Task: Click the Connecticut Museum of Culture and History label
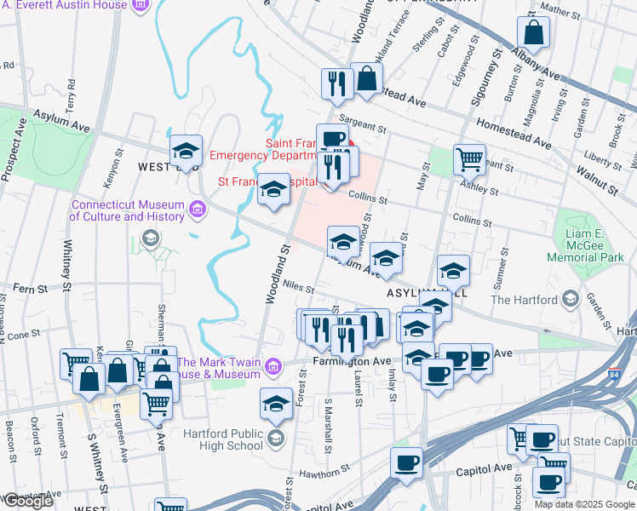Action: [127, 210]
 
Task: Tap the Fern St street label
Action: [29, 290]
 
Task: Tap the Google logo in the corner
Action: [27, 501]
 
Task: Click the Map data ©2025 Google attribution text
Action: [584, 504]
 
